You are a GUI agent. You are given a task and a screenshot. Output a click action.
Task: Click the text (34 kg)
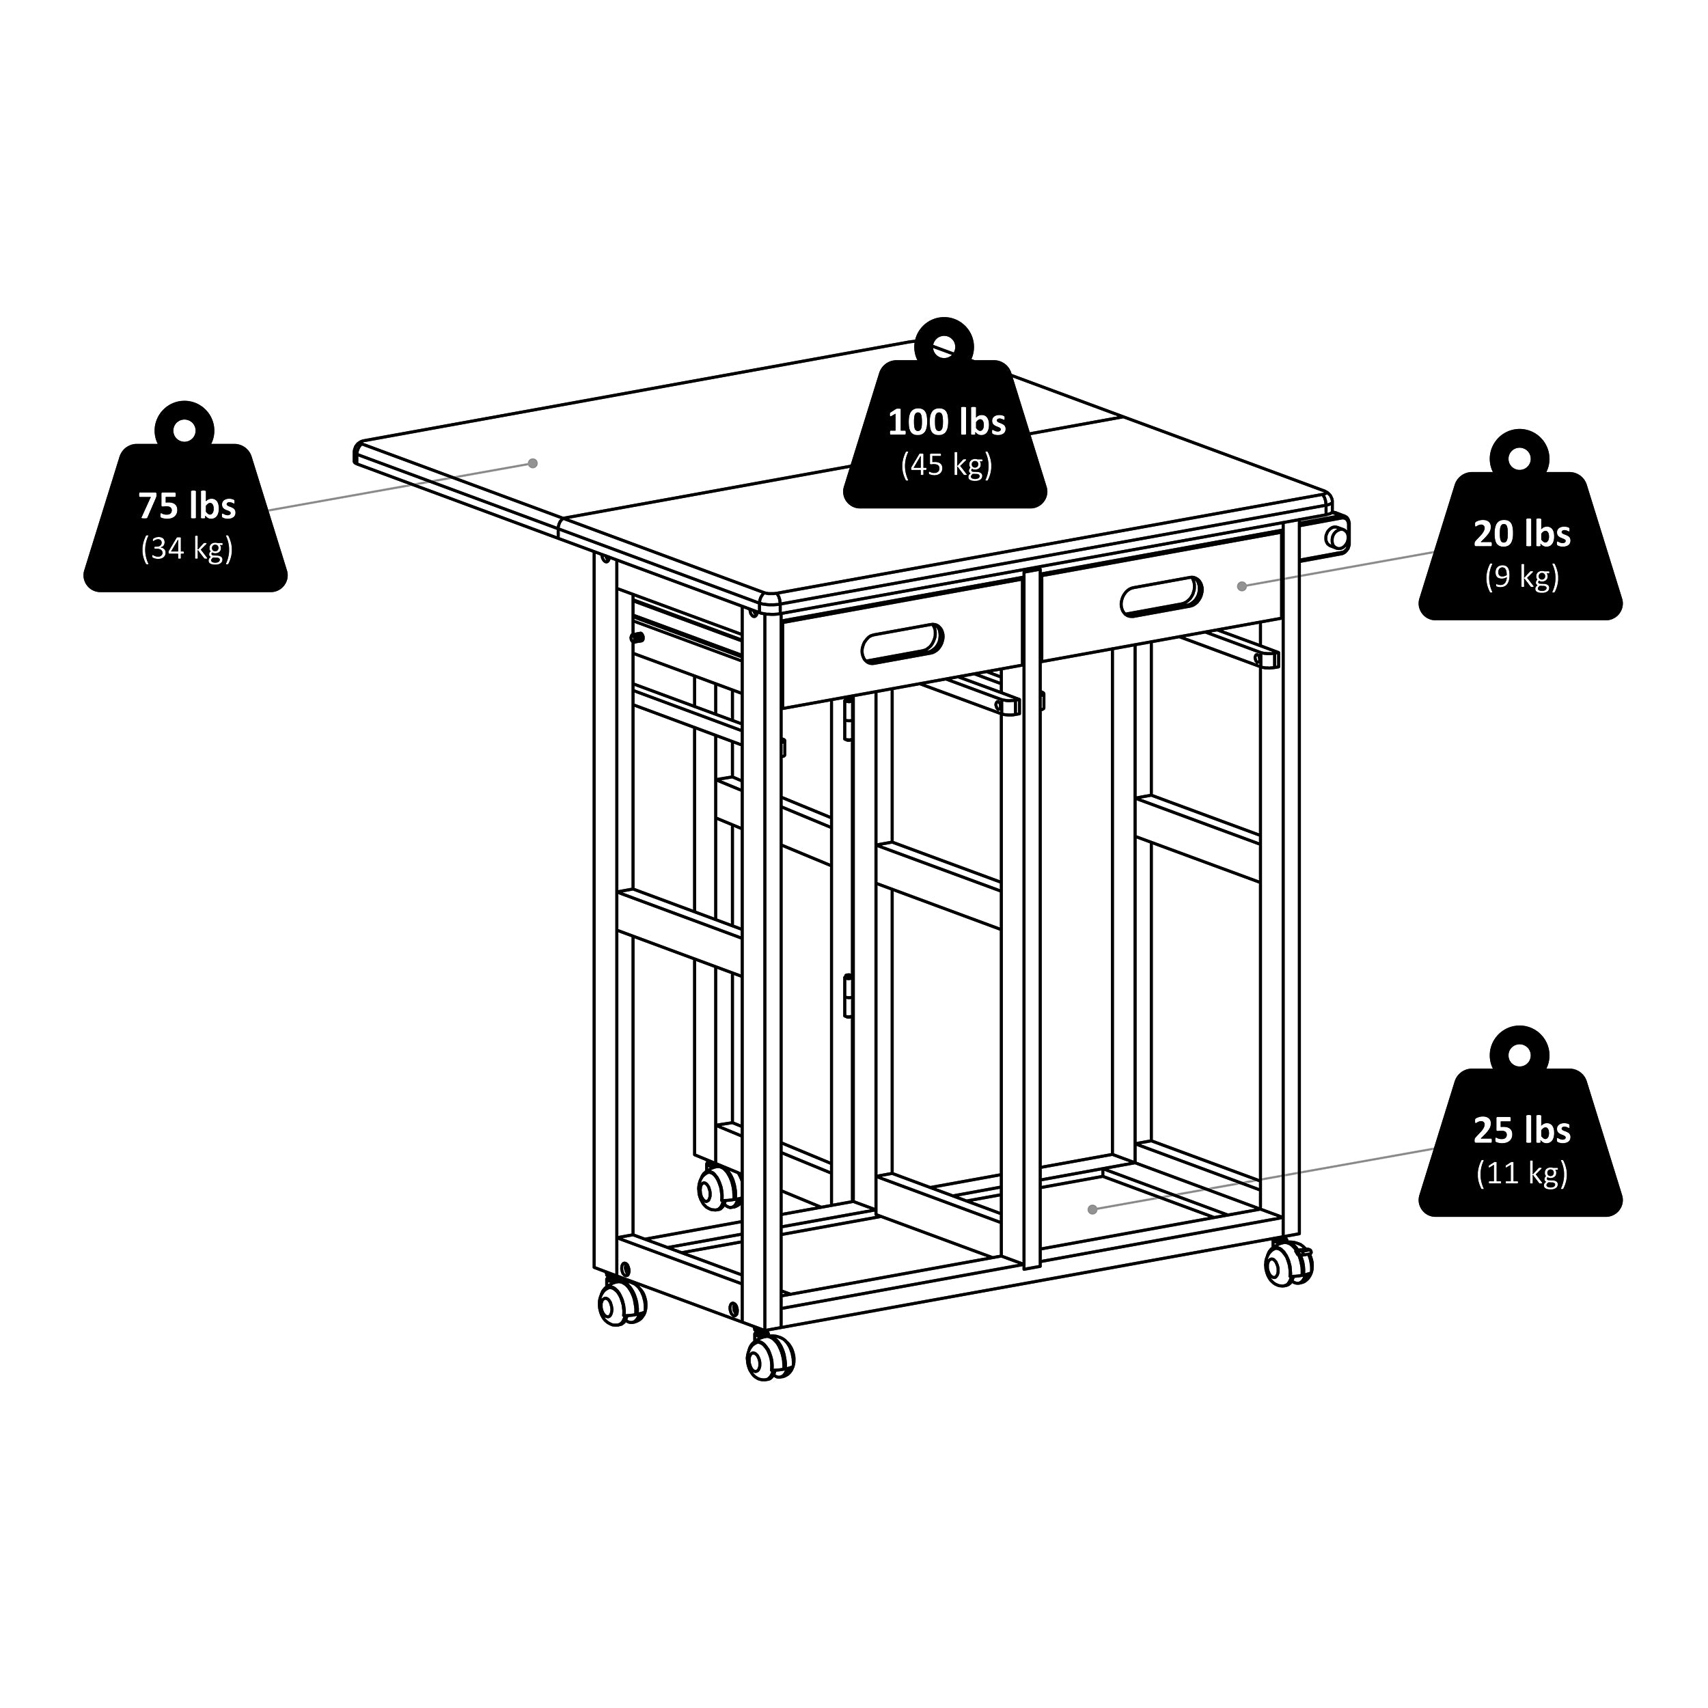click(187, 549)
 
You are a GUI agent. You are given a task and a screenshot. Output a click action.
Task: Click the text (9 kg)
click(1521, 577)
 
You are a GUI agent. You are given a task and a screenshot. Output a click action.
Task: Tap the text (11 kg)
click(1521, 1173)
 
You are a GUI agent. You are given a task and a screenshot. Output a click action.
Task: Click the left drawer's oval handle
click(902, 643)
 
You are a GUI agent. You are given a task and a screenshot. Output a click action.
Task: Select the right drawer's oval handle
click(1161, 596)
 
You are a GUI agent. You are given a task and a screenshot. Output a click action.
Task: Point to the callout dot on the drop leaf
click(532, 463)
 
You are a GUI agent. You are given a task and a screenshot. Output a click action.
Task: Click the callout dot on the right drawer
click(1241, 586)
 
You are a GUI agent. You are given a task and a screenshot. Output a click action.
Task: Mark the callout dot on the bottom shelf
click(1092, 1209)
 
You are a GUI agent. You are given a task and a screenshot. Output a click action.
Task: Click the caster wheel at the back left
click(719, 1187)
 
